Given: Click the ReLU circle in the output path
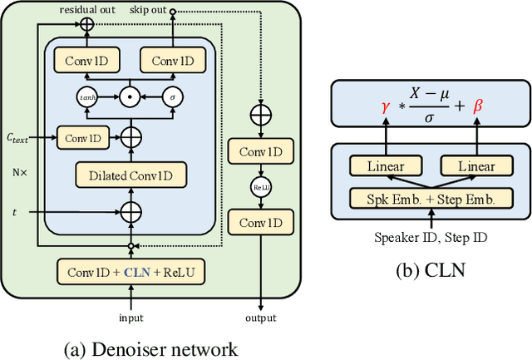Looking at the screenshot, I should (x=261, y=187).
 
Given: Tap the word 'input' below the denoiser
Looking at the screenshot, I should (x=131, y=317).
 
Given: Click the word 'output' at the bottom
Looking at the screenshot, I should (x=261, y=317).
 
